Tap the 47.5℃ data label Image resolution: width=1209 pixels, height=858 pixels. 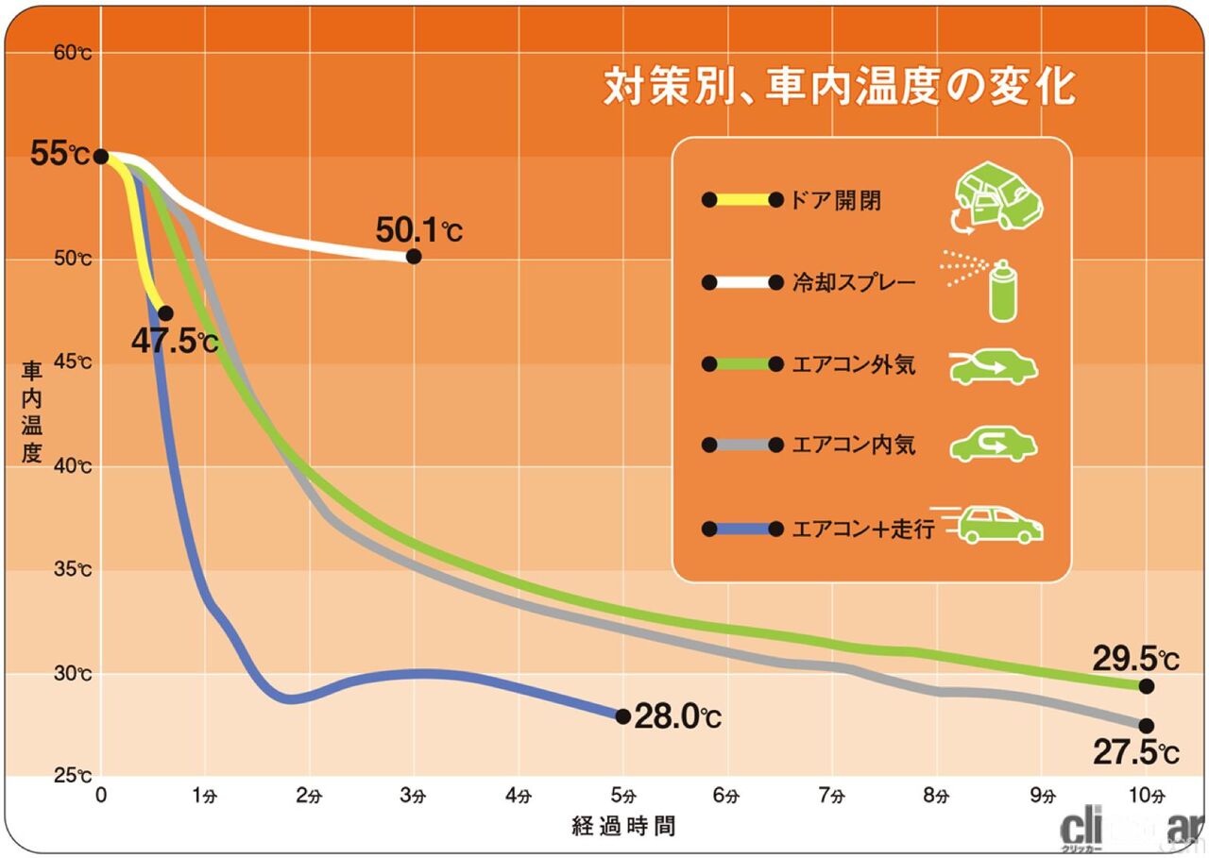pos(175,341)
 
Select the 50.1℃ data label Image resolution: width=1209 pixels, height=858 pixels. pos(419,229)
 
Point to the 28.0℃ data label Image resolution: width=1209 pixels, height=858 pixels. pos(677,717)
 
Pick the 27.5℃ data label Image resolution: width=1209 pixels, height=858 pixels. pos(1135,753)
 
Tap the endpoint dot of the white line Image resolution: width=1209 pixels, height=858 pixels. pos(413,257)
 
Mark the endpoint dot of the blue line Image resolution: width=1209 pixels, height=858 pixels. pos(622,716)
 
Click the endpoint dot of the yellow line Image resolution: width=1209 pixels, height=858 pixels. pos(165,312)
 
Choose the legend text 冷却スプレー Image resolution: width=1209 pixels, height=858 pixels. pos(855,282)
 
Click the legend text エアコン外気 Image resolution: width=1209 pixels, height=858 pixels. pos(855,364)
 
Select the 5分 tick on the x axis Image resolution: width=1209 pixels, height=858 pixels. pos(622,796)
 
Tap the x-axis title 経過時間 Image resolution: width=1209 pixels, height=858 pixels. pos(623,827)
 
